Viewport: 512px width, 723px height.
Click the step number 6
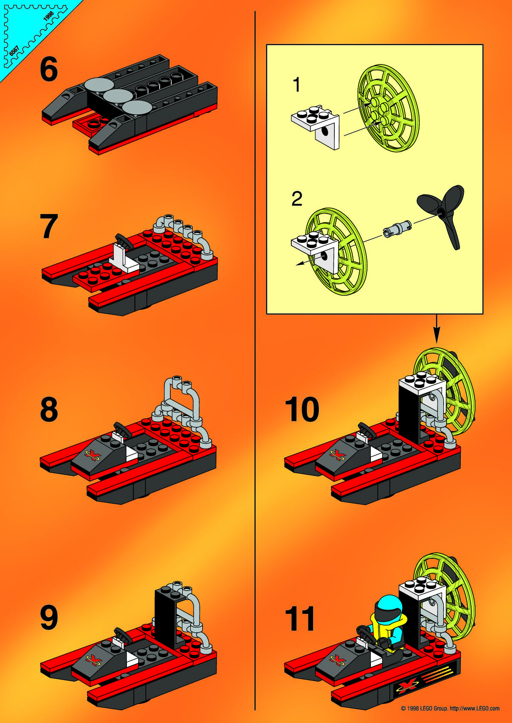[x=49, y=69]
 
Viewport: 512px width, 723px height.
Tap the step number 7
[x=49, y=226]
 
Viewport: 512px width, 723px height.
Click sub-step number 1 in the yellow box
[x=296, y=85]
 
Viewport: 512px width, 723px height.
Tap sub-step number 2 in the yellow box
[x=296, y=199]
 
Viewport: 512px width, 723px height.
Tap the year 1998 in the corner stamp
[x=49, y=16]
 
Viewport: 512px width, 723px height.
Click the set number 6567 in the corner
[x=14, y=51]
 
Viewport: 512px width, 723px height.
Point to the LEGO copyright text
[x=450, y=708]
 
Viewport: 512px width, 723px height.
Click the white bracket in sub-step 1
[x=315, y=126]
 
